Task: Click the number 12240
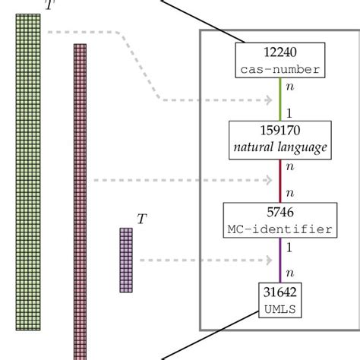point(280,52)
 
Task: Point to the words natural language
point(280,148)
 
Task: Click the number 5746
point(280,213)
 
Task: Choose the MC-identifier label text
point(280,228)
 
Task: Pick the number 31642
point(280,294)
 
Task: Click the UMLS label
point(280,309)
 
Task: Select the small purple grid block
point(125,261)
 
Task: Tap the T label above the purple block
point(141,219)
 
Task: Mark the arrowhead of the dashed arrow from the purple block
point(269,261)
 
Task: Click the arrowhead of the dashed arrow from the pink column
point(269,180)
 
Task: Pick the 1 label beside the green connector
point(290,112)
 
